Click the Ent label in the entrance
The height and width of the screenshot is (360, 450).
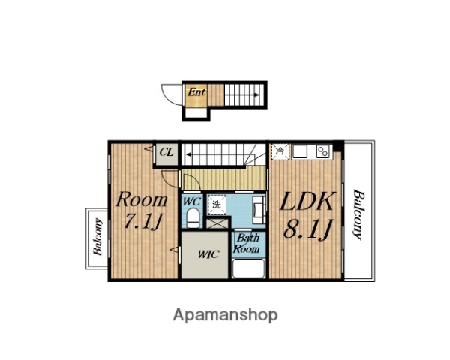point(196,92)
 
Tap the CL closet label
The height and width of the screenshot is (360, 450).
point(166,152)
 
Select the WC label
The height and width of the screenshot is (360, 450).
point(191,202)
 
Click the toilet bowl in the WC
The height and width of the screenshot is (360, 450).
point(193,218)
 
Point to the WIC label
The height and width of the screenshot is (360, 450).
point(208,254)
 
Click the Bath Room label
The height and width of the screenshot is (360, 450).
point(247,244)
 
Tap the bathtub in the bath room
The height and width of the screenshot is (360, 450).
point(248,268)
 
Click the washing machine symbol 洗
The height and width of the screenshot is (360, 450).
point(217,205)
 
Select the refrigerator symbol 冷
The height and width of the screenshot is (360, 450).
point(280,151)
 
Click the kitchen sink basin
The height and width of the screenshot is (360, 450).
point(300,151)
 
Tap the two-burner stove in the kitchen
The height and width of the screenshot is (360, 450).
point(322,151)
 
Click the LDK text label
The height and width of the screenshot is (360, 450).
point(307,201)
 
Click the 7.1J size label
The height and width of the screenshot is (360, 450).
point(142,221)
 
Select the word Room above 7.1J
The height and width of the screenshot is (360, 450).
point(142,199)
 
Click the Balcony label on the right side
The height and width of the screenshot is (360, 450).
point(358,214)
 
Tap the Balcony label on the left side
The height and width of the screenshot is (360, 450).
point(97,237)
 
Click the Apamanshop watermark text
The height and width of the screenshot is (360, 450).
point(225,315)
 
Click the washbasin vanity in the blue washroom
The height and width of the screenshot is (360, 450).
point(259,210)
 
